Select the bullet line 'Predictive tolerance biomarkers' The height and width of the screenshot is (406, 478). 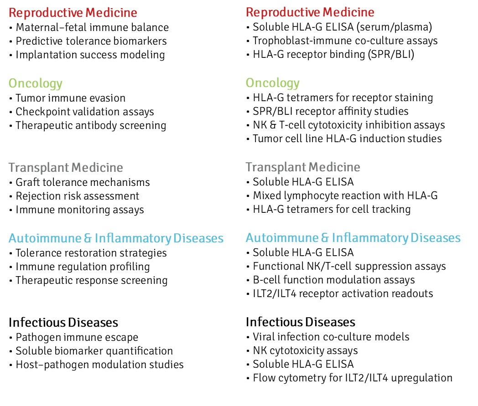(91, 41)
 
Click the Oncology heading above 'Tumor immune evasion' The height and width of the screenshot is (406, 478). (36, 83)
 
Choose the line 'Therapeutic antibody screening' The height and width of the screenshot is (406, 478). (91, 125)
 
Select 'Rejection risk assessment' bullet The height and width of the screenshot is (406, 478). (78, 196)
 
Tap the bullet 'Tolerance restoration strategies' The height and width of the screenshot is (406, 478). (91, 252)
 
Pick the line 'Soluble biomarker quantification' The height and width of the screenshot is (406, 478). (94, 351)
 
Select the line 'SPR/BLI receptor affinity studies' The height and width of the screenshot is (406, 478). (331, 111)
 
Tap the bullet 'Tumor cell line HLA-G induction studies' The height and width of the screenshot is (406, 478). (347, 139)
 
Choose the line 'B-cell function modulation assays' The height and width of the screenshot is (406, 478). (334, 280)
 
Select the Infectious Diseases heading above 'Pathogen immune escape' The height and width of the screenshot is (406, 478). (63, 323)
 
